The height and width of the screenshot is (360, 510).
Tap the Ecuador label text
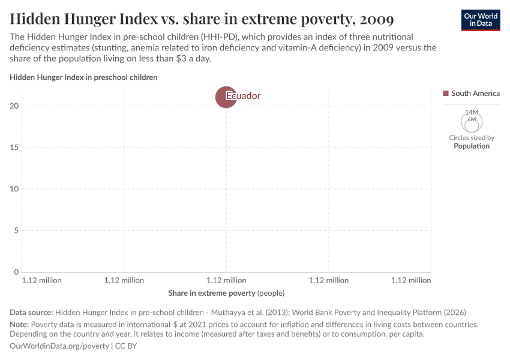tap(244, 96)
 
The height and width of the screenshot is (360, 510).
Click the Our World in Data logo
tap(480, 20)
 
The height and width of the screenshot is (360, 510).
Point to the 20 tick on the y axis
tap(15, 106)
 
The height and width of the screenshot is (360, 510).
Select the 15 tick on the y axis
tap(15, 148)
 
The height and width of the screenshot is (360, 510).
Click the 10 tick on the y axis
tap(15, 189)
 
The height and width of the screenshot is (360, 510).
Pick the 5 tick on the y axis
tap(17, 230)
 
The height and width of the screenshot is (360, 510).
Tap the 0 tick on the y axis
tap(17, 272)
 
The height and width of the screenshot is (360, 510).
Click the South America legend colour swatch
tap(446, 94)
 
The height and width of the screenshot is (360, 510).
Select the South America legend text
tap(475, 94)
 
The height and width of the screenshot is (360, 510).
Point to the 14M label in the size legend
tap(472, 112)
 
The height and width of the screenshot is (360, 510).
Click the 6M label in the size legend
tap(472, 119)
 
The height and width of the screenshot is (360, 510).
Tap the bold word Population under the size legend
tap(472, 146)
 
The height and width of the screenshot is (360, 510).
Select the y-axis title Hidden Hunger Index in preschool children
tap(83, 77)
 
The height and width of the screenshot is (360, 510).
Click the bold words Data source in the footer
tap(31, 312)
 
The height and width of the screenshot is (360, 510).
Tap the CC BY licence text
tap(126, 346)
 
